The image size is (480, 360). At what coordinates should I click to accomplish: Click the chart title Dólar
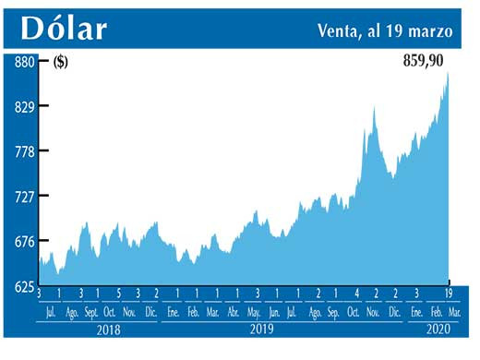coord(64,29)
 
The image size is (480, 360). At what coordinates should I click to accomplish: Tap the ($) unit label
coord(60,63)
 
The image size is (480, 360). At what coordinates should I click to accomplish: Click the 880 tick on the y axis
coord(23,62)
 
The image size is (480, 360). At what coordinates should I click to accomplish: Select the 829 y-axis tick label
coord(23,107)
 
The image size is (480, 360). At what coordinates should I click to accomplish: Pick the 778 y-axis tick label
coord(23,151)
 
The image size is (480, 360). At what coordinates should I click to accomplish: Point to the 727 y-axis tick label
coord(23,197)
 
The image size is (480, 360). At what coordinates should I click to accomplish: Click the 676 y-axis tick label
coord(23,242)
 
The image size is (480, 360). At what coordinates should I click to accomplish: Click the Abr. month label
coord(233,312)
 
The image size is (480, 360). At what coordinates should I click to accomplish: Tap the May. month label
coord(253,312)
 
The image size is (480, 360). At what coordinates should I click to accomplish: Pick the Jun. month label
coord(273,312)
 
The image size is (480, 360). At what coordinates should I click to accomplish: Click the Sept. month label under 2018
coord(90,312)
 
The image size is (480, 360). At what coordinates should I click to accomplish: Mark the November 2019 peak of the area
coord(374,110)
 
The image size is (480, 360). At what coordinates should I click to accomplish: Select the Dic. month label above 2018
coord(151,312)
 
